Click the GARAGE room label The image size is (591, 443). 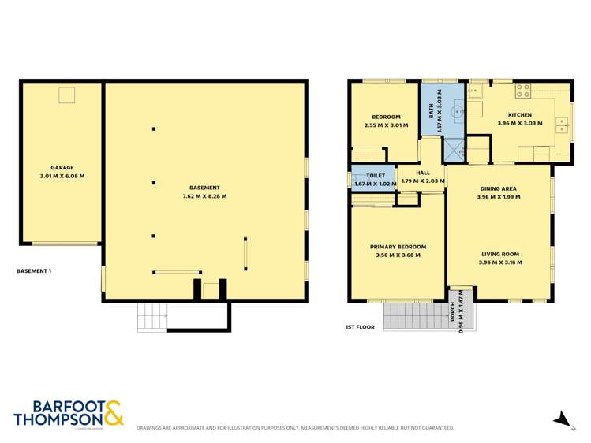pyautogui.click(x=62, y=167)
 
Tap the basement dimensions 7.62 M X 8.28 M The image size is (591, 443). pyautogui.click(x=204, y=196)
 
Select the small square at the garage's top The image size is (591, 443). pyautogui.click(x=66, y=95)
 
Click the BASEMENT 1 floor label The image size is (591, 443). pyautogui.click(x=34, y=270)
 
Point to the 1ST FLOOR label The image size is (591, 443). pyautogui.click(x=359, y=326)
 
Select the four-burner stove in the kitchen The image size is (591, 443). pyautogui.click(x=522, y=92)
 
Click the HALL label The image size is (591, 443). pyautogui.click(x=423, y=173)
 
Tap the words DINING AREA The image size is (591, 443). pyautogui.click(x=499, y=189)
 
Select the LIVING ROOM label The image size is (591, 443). pyautogui.click(x=499, y=254)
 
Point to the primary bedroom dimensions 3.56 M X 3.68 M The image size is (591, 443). pyautogui.click(x=398, y=255)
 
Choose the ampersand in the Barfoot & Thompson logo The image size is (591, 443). pyautogui.click(x=113, y=413)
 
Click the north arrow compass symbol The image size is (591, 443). pyautogui.click(x=561, y=419)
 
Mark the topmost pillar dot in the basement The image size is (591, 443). pyautogui.click(x=154, y=129)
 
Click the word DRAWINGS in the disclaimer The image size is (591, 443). pyautogui.click(x=152, y=428)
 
